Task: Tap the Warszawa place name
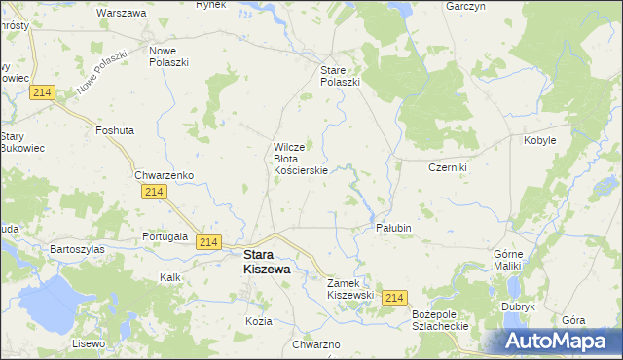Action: (x=122, y=14)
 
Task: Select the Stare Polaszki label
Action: (x=341, y=76)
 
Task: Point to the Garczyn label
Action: (x=465, y=6)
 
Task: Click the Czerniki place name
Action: (x=449, y=167)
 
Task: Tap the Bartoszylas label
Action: (x=78, y=249)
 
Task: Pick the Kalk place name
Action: (x=170, y=277)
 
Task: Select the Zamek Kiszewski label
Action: (x=350, y=288)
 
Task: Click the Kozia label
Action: (x=259, y=321)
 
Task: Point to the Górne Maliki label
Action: (x=507, y=259)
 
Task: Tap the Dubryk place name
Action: (x=519, y=306)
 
